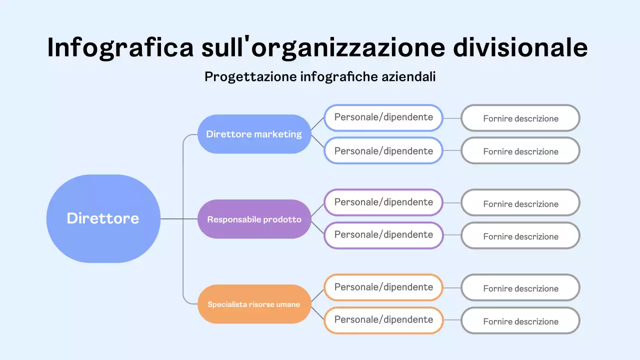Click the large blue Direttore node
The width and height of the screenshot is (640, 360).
(x=103, y=218)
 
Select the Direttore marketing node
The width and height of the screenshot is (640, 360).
(x=254, y=134)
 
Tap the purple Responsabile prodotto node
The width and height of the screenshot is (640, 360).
(x=254, y=219)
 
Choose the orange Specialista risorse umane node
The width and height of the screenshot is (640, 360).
(x=254, y=304)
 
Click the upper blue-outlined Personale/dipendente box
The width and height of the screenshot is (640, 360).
(x=383, y=117)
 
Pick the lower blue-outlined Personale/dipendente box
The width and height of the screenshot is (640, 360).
(x=383, y=150)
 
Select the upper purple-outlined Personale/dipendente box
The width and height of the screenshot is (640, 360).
(x=383, y=202)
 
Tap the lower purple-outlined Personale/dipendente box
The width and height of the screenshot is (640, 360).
(x=383, y=235)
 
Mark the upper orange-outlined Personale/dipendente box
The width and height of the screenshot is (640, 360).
(x=383, y=287)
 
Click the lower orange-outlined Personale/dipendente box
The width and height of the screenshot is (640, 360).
(x=383, y=320)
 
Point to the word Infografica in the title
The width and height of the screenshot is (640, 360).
(x=120, y=48)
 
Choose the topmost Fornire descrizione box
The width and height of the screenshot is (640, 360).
(x=520, y=118)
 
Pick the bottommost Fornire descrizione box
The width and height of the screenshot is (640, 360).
(x=520, y=321)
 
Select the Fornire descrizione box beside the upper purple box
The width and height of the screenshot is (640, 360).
(x=520, y=203)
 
